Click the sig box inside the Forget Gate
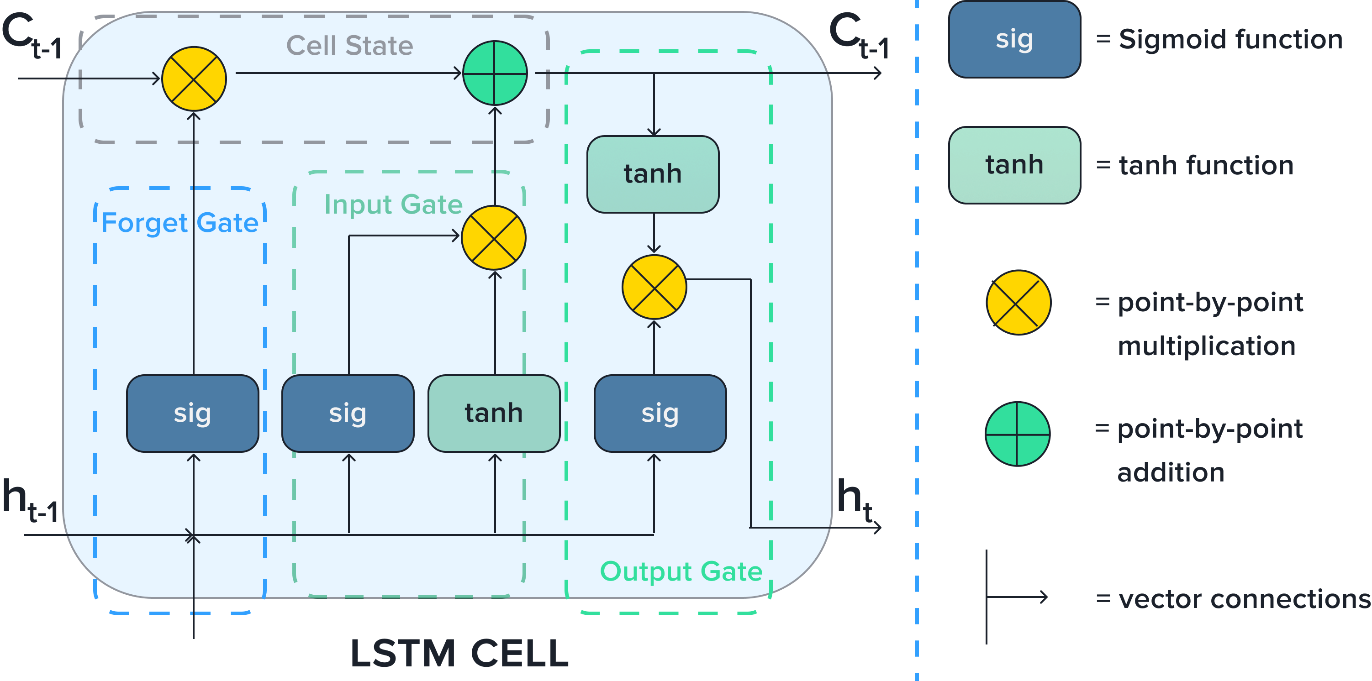click(x=193, y=413)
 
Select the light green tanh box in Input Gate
click(x=494, y=413)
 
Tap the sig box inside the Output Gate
click(x=660, y=413)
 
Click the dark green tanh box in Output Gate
click(x=653, y=174)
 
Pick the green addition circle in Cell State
click(x=495, y=73)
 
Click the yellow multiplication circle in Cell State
click(x=194, y=79)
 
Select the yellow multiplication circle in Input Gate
click(x=494, y=237)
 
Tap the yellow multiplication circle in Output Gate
click(x=654, y=287)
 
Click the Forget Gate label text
click(x=180, y=223)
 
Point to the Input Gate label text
click(x=393, y=204)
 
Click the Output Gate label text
click(x=681, y=571)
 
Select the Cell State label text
click(x=350, y=45)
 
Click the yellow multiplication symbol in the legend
click(x=1018, y=303)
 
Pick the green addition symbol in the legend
click(x=1017, y=434)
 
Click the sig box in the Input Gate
click(x=348, y=413)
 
